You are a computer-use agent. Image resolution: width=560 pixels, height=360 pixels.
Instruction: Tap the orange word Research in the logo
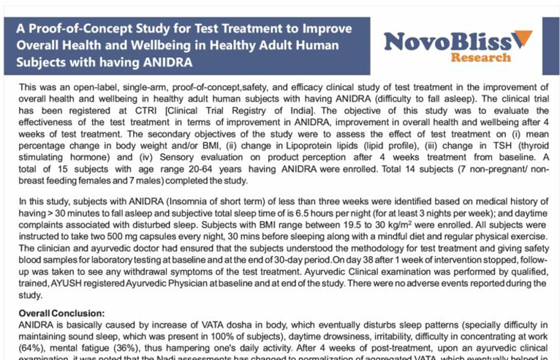pos(480,57)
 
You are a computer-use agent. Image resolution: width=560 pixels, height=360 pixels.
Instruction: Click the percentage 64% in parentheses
pos(31,348)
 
